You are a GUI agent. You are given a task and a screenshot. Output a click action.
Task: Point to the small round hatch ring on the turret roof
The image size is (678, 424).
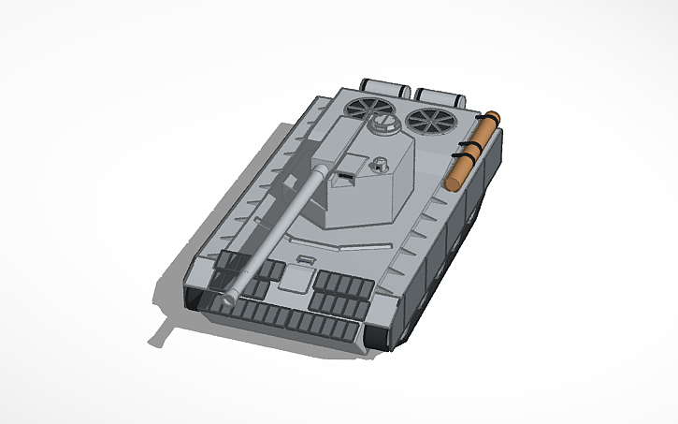[379, 166]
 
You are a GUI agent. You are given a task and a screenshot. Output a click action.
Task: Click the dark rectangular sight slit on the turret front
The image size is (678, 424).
[346, 174]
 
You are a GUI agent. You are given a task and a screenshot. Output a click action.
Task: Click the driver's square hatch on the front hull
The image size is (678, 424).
[297, 278]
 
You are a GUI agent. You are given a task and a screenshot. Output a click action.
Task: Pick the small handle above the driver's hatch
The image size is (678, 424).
[303, 257]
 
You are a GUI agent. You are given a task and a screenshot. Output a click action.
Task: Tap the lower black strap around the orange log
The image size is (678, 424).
[459, 168]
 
